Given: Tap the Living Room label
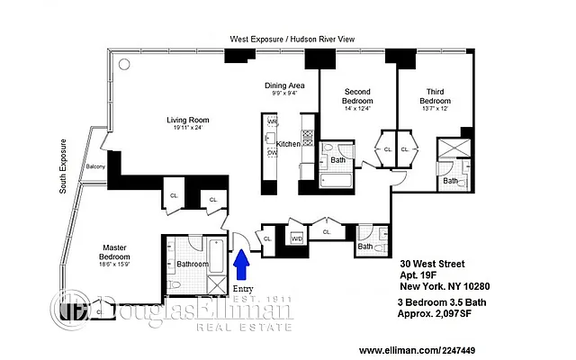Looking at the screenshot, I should coord(187,120).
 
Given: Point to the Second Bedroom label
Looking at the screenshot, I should coord(356,96).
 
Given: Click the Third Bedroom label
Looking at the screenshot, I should coord(435,96).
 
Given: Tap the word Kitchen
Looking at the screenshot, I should coord(287,144).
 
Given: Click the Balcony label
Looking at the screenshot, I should coord(96,167).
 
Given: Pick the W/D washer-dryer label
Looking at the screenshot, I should coord(296,238).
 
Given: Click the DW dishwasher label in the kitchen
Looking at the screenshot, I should coord(272,153).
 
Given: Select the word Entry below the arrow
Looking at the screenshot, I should coord(244,288).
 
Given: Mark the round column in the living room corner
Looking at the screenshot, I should coord(123,64).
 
